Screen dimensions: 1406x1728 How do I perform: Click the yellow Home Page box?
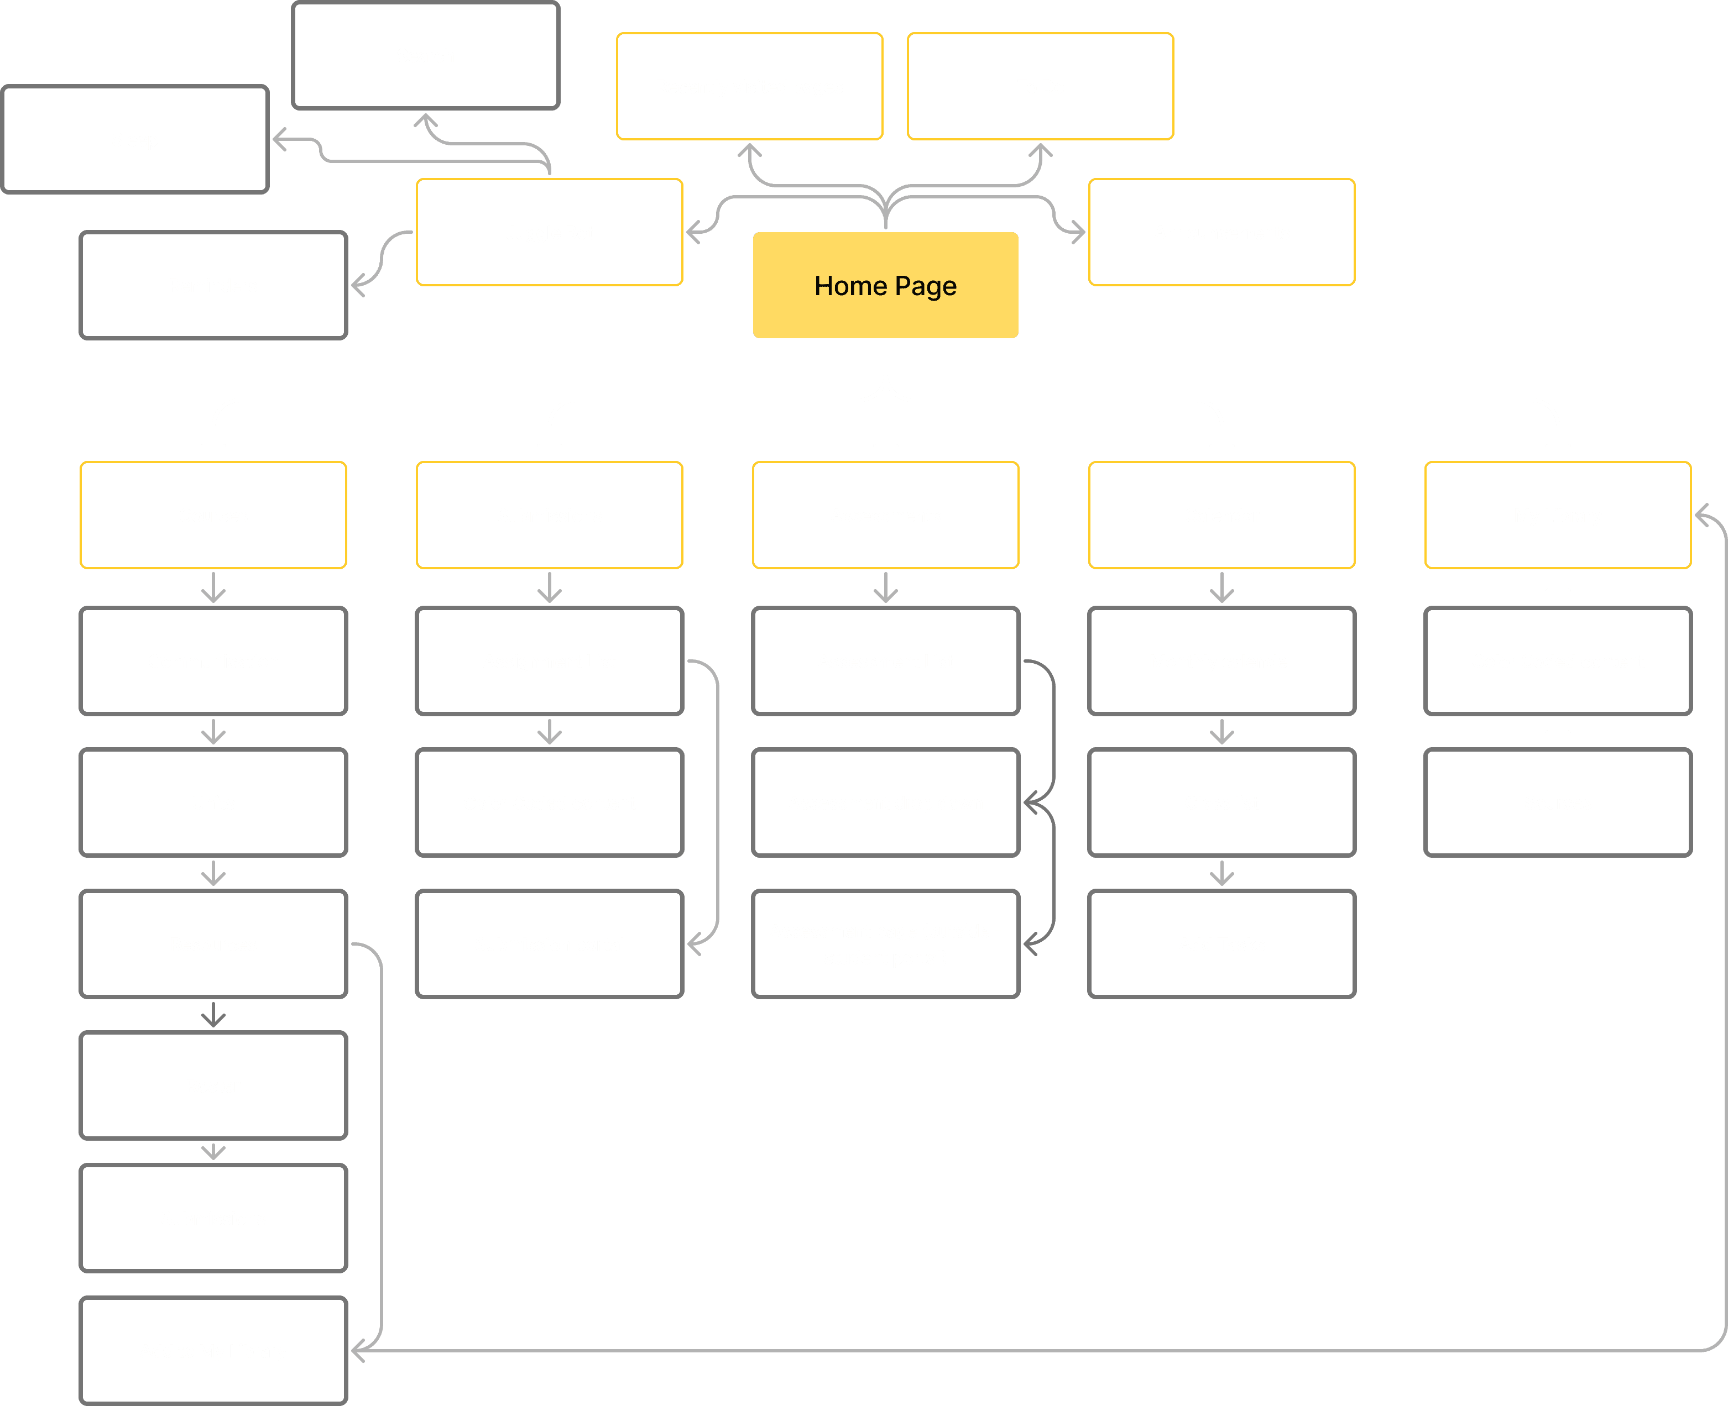(885, 285)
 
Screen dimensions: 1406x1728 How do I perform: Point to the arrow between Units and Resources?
(213, 873)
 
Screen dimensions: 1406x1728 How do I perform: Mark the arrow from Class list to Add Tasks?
(1221, 873)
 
